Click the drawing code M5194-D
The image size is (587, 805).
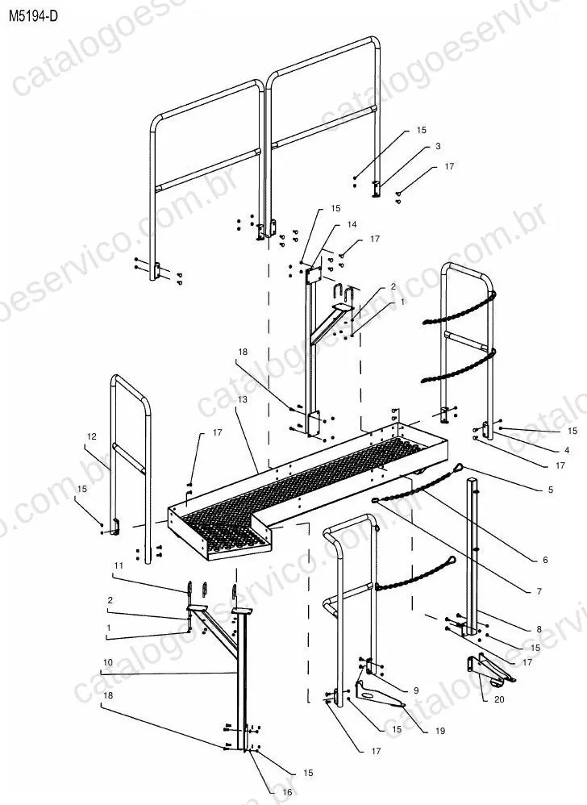pyautogui.click(x=33, y=16)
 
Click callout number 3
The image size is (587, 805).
pyautogui.click(x=438, y=146)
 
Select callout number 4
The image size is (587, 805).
pyautogui.click(x=567, y=450)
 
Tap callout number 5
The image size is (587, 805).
pyautogui.click(x=551, y=490)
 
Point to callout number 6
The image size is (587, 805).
pyautogui.click(x=545, y=560)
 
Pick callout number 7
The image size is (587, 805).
pyautogui.click(x=539, y=591)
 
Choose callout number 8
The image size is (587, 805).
pyautogui.click(x=539, y=629)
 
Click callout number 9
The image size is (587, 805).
pyautogui.click(x=416, y=690)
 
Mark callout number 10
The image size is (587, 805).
pyautogui.click(x=108, y=662)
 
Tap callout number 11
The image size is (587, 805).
pyautogui.click(x=119, y=565)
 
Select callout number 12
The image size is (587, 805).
pyautogui.click(x=91, y=437)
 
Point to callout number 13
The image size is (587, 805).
pyautogui.click(x=243, y=399)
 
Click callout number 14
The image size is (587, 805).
pyautogui.click(x=352, y=224)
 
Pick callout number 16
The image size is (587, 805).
pyautogui.click(x=287, y=792)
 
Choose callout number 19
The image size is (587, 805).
pyautogui.click(x=440, y=731)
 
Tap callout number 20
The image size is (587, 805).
pyautogui.click(x=499, y=699)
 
